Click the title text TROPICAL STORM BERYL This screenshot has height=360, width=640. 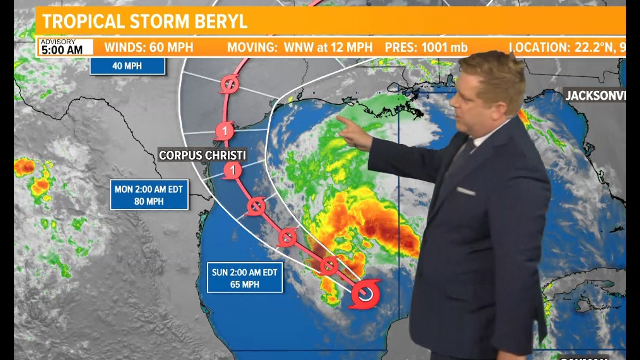tap(145, 21)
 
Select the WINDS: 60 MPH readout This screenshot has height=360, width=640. tap(149, 47)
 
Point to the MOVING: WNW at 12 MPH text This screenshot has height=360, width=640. tap(299, 47)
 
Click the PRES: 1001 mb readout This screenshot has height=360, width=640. tap(426, 47)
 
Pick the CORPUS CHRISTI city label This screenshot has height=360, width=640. tap(202, 155)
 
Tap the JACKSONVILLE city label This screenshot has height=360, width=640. tap(595, 96)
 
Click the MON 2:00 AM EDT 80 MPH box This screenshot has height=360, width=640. tap(149, 195)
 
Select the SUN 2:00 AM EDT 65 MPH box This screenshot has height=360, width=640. tap(245, 278)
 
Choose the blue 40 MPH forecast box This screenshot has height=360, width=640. tap(127, 66)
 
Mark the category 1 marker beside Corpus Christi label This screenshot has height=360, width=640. tap(232, 170)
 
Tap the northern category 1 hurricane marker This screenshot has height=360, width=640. tap(224, 131)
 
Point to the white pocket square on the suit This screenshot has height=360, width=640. tap(466, 191)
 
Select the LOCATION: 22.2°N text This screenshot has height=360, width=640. tap(567, 47)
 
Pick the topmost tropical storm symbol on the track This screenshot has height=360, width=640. tap(229, 84)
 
